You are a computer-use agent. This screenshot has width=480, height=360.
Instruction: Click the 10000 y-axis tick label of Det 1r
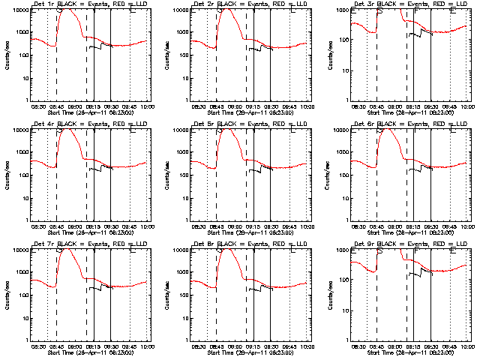pyautogui.click(x=18, y=10)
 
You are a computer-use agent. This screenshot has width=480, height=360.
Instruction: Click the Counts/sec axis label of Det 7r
pyautogui.click(x=7, y=295)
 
